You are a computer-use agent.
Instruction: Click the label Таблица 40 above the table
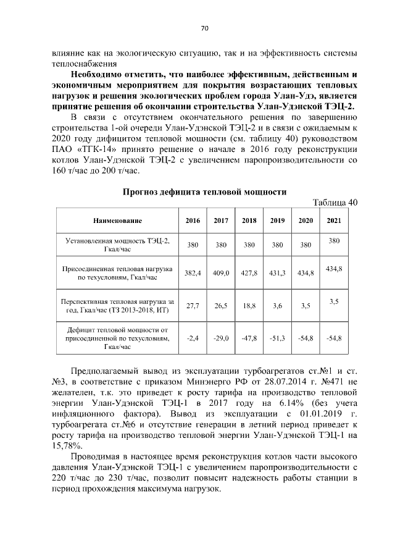(x=335, y=203)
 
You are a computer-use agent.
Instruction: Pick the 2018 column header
(x=249, y=221)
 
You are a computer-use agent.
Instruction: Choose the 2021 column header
(x=334, y=221)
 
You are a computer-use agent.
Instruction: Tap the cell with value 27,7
(x=193, y=305)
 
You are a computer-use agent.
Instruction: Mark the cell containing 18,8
(x=249, y=305)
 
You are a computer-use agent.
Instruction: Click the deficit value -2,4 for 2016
(x=193, y=338)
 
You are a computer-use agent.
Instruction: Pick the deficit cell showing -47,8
(x=249, y=338)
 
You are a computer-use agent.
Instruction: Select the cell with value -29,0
(x=221, y=338)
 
